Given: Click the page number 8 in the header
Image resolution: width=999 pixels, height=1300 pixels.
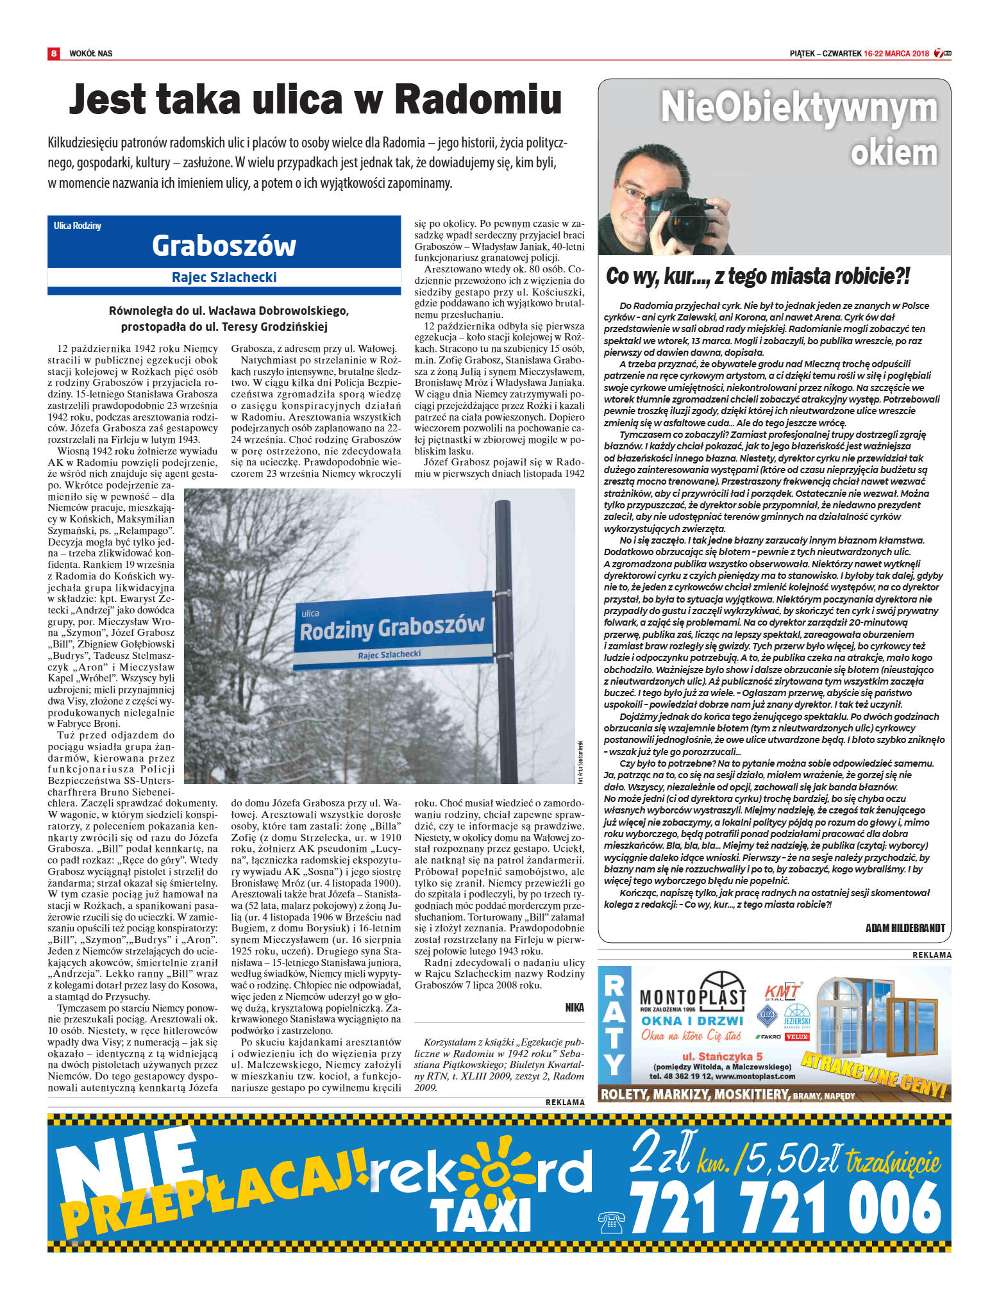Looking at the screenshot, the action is click(x=54, y=53).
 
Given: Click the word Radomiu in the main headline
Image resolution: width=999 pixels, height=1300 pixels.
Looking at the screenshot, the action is click(x=478, y=100).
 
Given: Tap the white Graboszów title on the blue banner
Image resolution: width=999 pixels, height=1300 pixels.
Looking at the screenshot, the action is click(x=224, y=246).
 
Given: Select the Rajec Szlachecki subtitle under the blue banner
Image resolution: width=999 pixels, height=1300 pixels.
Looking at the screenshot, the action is click(x=224, y=277).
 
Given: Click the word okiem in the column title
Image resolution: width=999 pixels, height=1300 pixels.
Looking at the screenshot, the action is click(x=893, y=153).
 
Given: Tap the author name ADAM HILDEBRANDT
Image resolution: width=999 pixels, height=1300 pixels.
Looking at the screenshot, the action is click(x=905, y=928).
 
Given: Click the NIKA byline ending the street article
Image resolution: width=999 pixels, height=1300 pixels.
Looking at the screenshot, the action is click(x=575, y=1007).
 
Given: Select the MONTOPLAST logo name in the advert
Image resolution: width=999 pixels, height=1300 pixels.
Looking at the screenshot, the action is click(x=693, y=997).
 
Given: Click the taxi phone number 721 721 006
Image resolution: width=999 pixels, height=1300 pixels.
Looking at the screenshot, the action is click(x=785, y=1208).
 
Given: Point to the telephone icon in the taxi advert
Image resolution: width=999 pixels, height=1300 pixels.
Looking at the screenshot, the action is click(x=610, y=1222).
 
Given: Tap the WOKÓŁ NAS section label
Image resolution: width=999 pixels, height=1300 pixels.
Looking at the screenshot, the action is click(x=90, y=53).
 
